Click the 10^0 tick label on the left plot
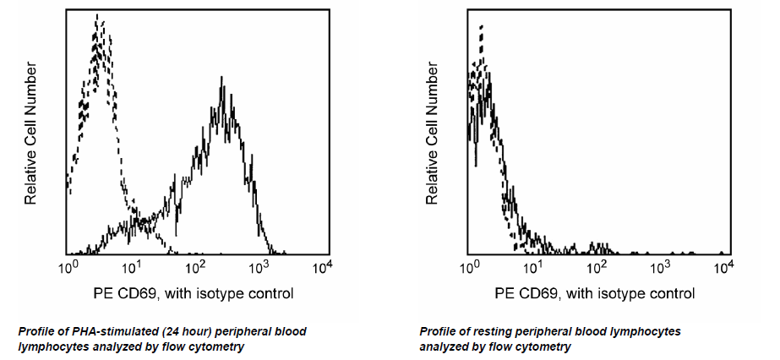[x=70, y=267]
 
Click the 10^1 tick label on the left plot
[x=134, y=267]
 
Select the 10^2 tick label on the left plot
[x=197, y=267]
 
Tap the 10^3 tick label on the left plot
[x=260, y=267]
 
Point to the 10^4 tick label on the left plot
[x=323, y=267]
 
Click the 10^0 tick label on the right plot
[x=472, y=267]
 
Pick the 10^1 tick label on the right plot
[x=535, y=267]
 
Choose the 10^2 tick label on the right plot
[x=598, y=267]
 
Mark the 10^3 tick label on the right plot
[x=662, y=267]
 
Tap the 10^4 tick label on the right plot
[x=724, y=267]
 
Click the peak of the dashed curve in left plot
[x=98, y=15]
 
